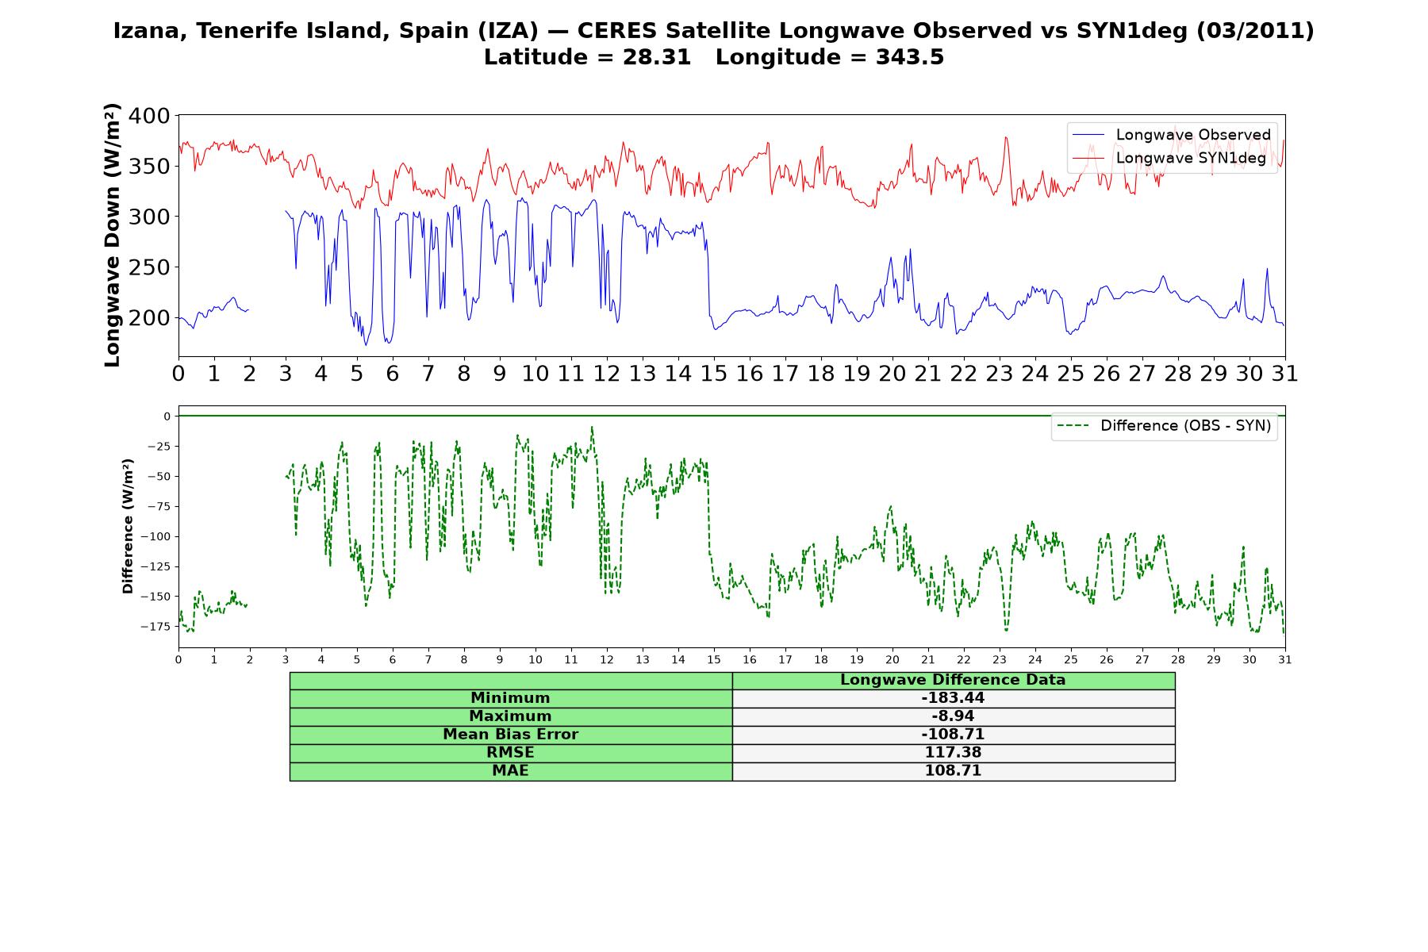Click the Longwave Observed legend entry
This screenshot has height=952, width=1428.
pos(1171,135)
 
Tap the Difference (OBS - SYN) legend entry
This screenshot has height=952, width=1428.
pos(1164,426)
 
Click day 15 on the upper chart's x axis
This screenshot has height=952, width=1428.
pos(714,373)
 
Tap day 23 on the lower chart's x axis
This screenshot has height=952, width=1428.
pos(1000,659)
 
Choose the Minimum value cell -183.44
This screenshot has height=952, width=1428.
pos(953,698)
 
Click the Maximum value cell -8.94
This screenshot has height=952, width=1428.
pos(953,716)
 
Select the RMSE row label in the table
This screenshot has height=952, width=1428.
pos(511,753)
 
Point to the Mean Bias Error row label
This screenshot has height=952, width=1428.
pos(511,735)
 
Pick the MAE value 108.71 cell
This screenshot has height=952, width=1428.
pos(953,771)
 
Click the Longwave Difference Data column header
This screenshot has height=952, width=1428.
pos(953,680)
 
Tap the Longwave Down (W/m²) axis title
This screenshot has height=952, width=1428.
pos(113,235)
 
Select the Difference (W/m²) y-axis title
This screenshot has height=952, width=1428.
pos(128,527)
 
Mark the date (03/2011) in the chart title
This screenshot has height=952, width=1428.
pos(1255,32)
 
